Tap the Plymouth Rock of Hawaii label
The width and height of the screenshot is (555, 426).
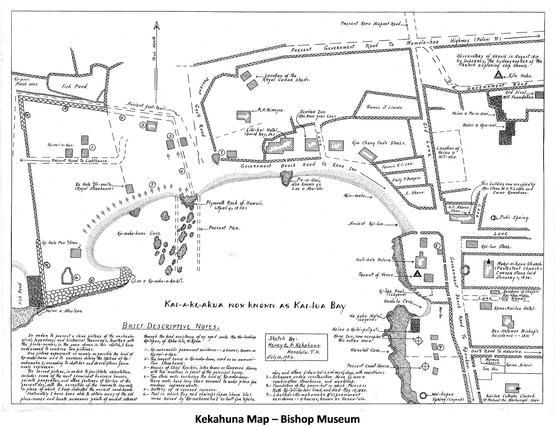coord(234,203)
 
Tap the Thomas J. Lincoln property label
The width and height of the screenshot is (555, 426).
coord(384,107)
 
